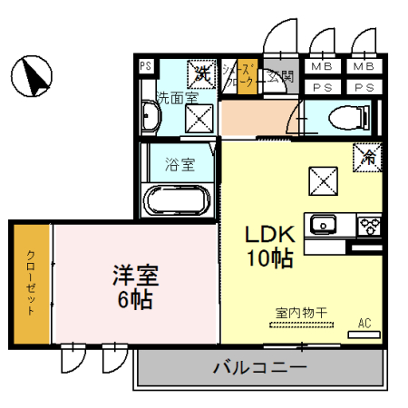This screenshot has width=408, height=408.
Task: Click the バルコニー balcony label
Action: click(259, 368)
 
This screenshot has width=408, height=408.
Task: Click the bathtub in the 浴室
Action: click(179, 199)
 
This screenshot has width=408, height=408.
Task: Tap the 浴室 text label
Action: click(180, 165)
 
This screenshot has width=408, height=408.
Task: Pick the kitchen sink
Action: click(324, 224)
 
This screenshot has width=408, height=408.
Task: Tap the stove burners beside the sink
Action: click(370, 224)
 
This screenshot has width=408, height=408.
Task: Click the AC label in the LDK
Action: click(364, 323)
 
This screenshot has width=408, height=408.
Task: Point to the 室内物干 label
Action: click(301, 312)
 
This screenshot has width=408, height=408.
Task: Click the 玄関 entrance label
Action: click(281, 76)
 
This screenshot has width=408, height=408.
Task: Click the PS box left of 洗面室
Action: click(145, 65)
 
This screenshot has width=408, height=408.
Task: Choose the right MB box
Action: click(364, 66)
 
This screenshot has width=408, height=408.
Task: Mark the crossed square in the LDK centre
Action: click(322, 180)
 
